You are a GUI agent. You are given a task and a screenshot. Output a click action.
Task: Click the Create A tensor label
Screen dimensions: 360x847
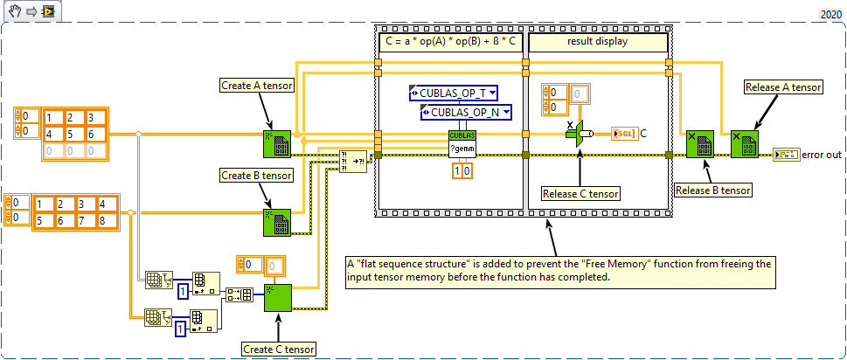pos(257,86)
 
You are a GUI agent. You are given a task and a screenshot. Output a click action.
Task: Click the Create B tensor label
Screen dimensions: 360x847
pos(257,175)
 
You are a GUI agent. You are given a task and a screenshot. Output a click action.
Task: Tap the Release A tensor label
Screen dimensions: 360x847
pos(782,87)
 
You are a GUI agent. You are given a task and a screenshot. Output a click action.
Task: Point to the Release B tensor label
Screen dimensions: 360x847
pos(712,189)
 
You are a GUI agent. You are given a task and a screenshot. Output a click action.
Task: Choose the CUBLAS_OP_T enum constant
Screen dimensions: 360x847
pos(452,93)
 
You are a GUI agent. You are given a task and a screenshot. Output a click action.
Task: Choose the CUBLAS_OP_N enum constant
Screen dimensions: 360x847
pos(464,112)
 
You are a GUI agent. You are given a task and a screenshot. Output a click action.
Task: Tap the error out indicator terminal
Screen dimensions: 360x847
pos(785,155)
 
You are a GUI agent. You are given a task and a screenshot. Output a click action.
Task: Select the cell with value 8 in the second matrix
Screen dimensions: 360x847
pos(103,220)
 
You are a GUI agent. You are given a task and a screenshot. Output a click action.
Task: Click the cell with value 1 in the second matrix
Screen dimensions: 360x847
pos(40,204)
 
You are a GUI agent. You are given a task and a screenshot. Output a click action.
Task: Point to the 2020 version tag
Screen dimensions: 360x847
pos(830,14)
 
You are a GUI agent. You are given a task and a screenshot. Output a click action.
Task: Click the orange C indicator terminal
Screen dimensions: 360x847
pos(624,133)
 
